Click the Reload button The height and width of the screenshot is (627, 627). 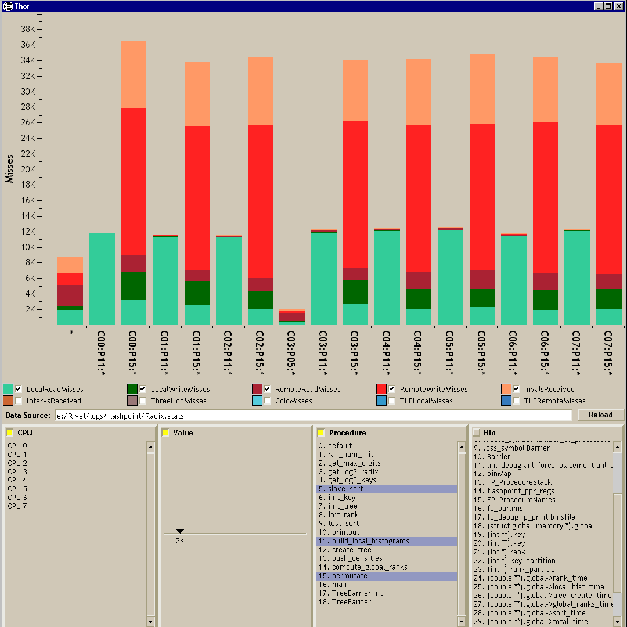(601, 415)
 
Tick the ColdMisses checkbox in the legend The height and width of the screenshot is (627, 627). (268, 401)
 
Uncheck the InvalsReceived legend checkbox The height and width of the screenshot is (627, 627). (516, 389)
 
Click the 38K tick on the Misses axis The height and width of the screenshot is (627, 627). (28, 29)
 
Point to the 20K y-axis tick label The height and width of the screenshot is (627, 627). (28, 170)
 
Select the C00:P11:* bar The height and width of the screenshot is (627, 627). (102, 279)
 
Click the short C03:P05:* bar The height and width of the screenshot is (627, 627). (292, 317)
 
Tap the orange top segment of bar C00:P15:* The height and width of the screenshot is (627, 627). (134, 74)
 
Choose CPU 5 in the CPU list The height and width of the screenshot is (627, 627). (17, 489)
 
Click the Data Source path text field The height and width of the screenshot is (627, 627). (313, 416)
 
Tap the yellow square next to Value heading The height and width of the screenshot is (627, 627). (165, 433)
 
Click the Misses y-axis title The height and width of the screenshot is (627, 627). (9, 168)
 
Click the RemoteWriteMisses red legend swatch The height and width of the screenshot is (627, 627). (381, 389)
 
